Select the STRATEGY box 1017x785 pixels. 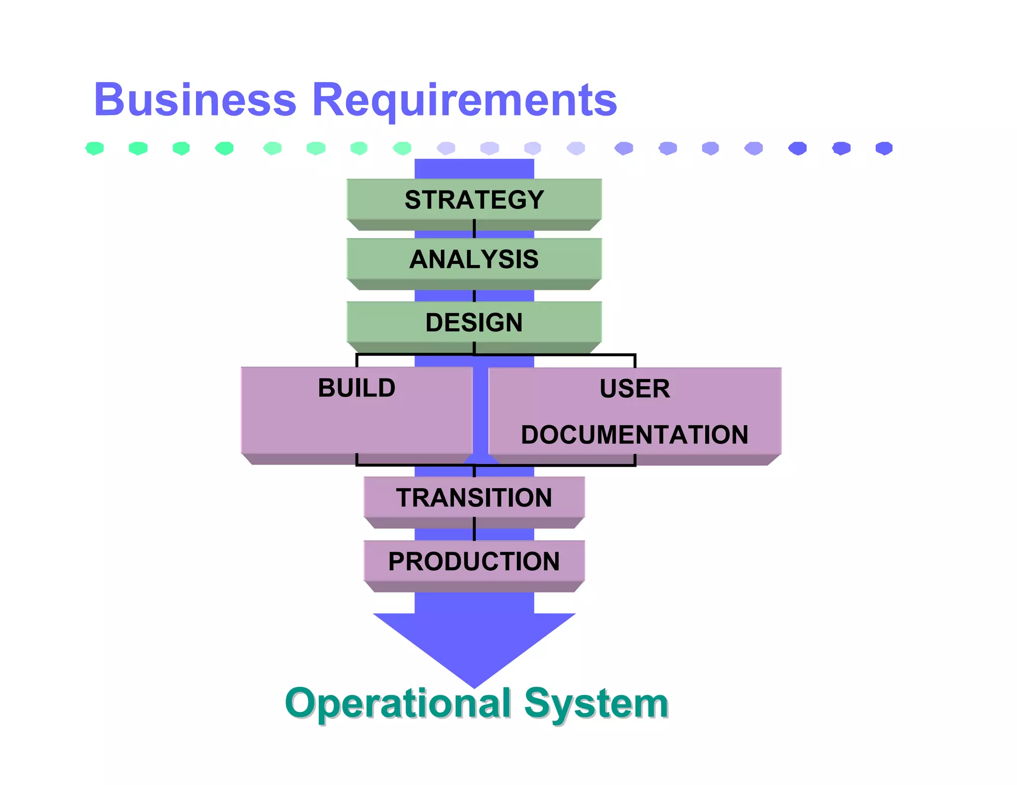click(474, 199)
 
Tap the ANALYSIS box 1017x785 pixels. click(474, 259)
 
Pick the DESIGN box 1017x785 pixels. click(474, 322)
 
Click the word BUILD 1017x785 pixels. click(357, 388)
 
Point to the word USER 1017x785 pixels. click(635, 388)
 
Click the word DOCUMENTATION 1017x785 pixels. click(635, 434)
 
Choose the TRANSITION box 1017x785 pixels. click(474, 497)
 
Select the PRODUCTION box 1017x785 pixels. click(474, 561)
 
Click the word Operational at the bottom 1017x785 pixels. click(398, 704)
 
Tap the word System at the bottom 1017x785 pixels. click(596, 704)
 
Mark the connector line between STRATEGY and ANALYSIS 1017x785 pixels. click(474, 229)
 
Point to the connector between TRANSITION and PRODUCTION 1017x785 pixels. click(474, 529)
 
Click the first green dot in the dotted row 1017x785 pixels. click(94, 148)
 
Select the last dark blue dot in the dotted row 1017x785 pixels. click(884, 148)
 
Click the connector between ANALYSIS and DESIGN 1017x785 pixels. click(474, 296)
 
